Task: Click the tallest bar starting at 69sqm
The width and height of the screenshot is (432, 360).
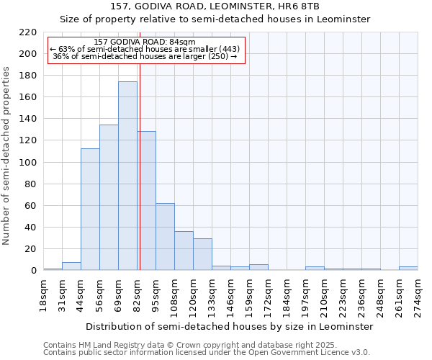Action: pos(127,176)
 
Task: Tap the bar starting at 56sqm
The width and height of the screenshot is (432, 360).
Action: pos(109,198)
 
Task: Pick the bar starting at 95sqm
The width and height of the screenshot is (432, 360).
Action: pos(165,237)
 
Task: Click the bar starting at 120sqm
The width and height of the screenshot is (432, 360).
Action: pos(202,254)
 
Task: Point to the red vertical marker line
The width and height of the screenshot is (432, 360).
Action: pos(140,166)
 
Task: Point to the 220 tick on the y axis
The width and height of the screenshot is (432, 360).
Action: pos(28,32)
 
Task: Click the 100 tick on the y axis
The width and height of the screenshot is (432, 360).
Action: pos(28,163)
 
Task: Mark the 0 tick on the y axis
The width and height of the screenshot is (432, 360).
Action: pos(33,271)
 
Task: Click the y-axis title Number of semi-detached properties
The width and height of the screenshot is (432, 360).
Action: pos(7,156)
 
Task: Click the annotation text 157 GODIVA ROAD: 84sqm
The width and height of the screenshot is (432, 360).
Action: pos(144,42)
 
